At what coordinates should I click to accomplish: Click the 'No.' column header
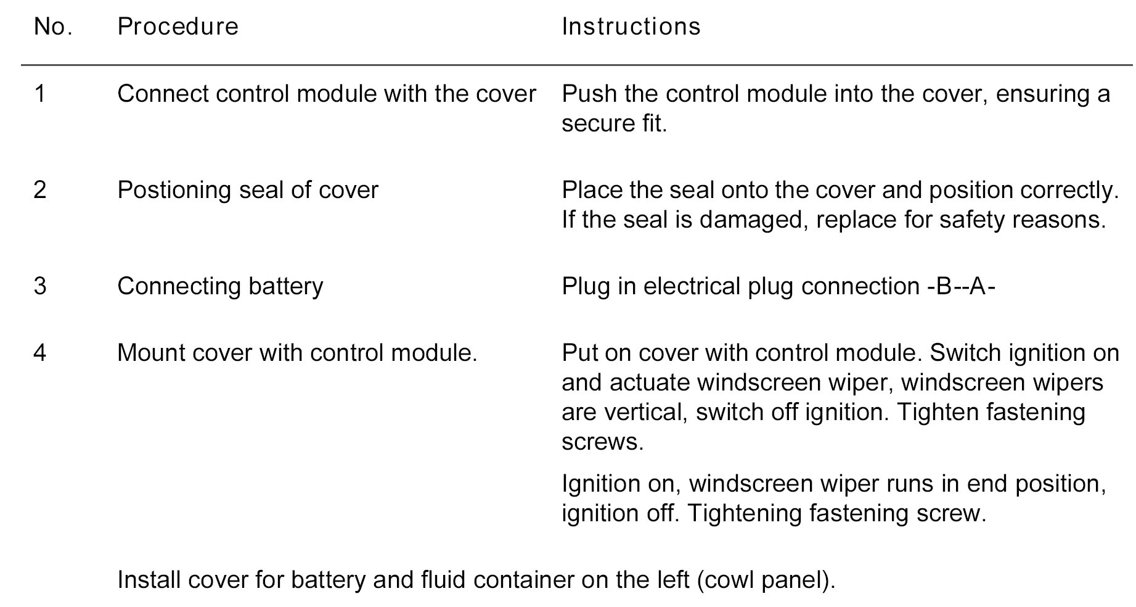click(x=53, y=27)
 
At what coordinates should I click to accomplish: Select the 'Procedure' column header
click(x=178, y=27)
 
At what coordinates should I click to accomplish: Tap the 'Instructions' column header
click(x=631, y=27)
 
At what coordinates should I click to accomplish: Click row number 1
click(x=40, y=94)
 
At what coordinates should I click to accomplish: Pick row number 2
click(x=40, y=190)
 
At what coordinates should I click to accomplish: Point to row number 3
click(x=40, y=286)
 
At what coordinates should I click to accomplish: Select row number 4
click(x=40, y=353)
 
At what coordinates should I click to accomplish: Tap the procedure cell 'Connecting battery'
click(x=220, y=286)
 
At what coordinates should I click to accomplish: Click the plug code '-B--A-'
click(x=961, y=286)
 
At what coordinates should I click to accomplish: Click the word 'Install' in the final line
click(x=149, y=580)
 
